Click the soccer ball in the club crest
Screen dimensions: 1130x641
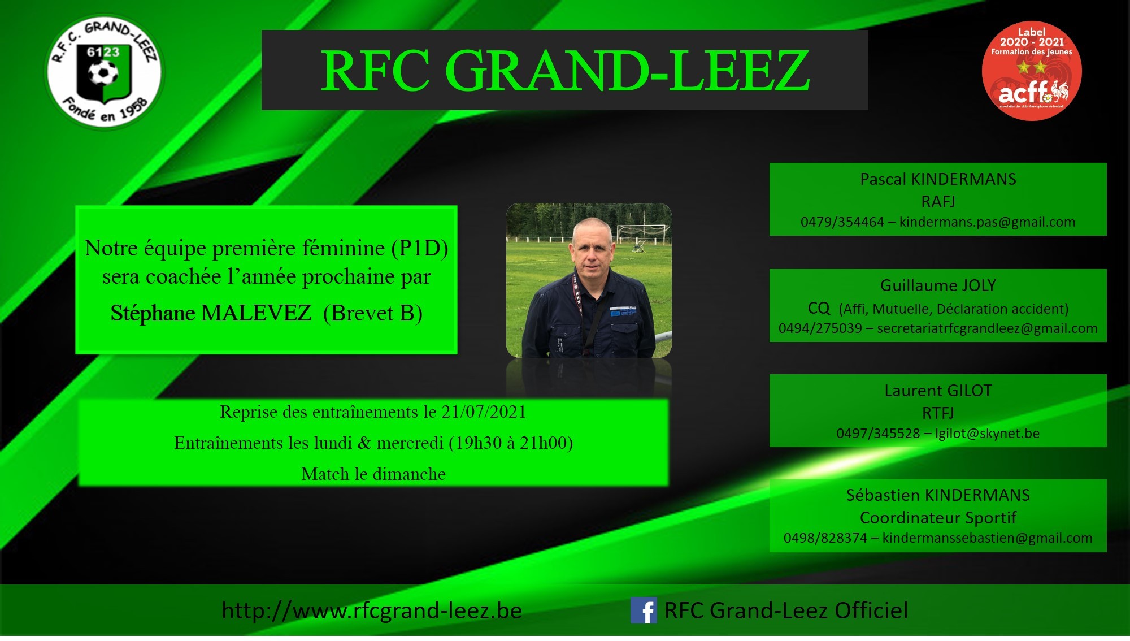103,73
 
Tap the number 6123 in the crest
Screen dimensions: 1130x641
103,53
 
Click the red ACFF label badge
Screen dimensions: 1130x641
1032,71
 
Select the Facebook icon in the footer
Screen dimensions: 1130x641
644,610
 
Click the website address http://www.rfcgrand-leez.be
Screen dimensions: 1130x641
372,610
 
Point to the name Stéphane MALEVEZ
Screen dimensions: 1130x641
211,313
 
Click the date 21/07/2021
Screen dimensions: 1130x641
484,412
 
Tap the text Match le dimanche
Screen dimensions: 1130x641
373,474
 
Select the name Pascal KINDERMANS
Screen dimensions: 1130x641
938,179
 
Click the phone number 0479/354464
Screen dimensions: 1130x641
842,222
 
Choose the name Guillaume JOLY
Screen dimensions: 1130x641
938,285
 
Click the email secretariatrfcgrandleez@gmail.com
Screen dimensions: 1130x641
987,328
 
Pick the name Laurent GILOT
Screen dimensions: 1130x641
938,391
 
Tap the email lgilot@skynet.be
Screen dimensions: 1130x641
987,434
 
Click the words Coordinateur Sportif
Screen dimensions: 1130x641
938,518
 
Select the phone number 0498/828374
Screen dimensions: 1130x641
825,538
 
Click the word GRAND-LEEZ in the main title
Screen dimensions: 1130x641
627,71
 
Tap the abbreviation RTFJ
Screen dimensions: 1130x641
938,413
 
